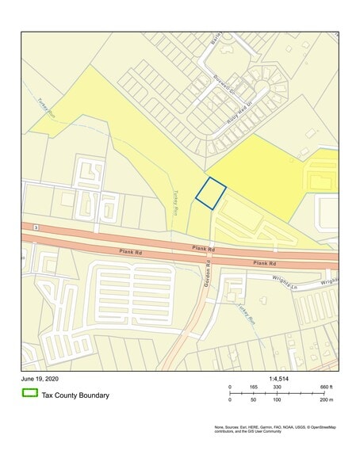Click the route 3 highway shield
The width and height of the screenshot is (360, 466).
(36, 227)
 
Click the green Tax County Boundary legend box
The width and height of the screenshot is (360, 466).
(30, 394)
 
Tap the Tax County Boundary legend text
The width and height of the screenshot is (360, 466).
(75, 395)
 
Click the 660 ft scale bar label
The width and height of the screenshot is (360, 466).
(325, 387)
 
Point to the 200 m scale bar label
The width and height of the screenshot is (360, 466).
(325, 401)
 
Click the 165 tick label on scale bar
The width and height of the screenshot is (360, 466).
(254, 387)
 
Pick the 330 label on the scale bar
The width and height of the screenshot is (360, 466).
(278, 387)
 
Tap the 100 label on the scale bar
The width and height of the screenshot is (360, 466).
(278, 401)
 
